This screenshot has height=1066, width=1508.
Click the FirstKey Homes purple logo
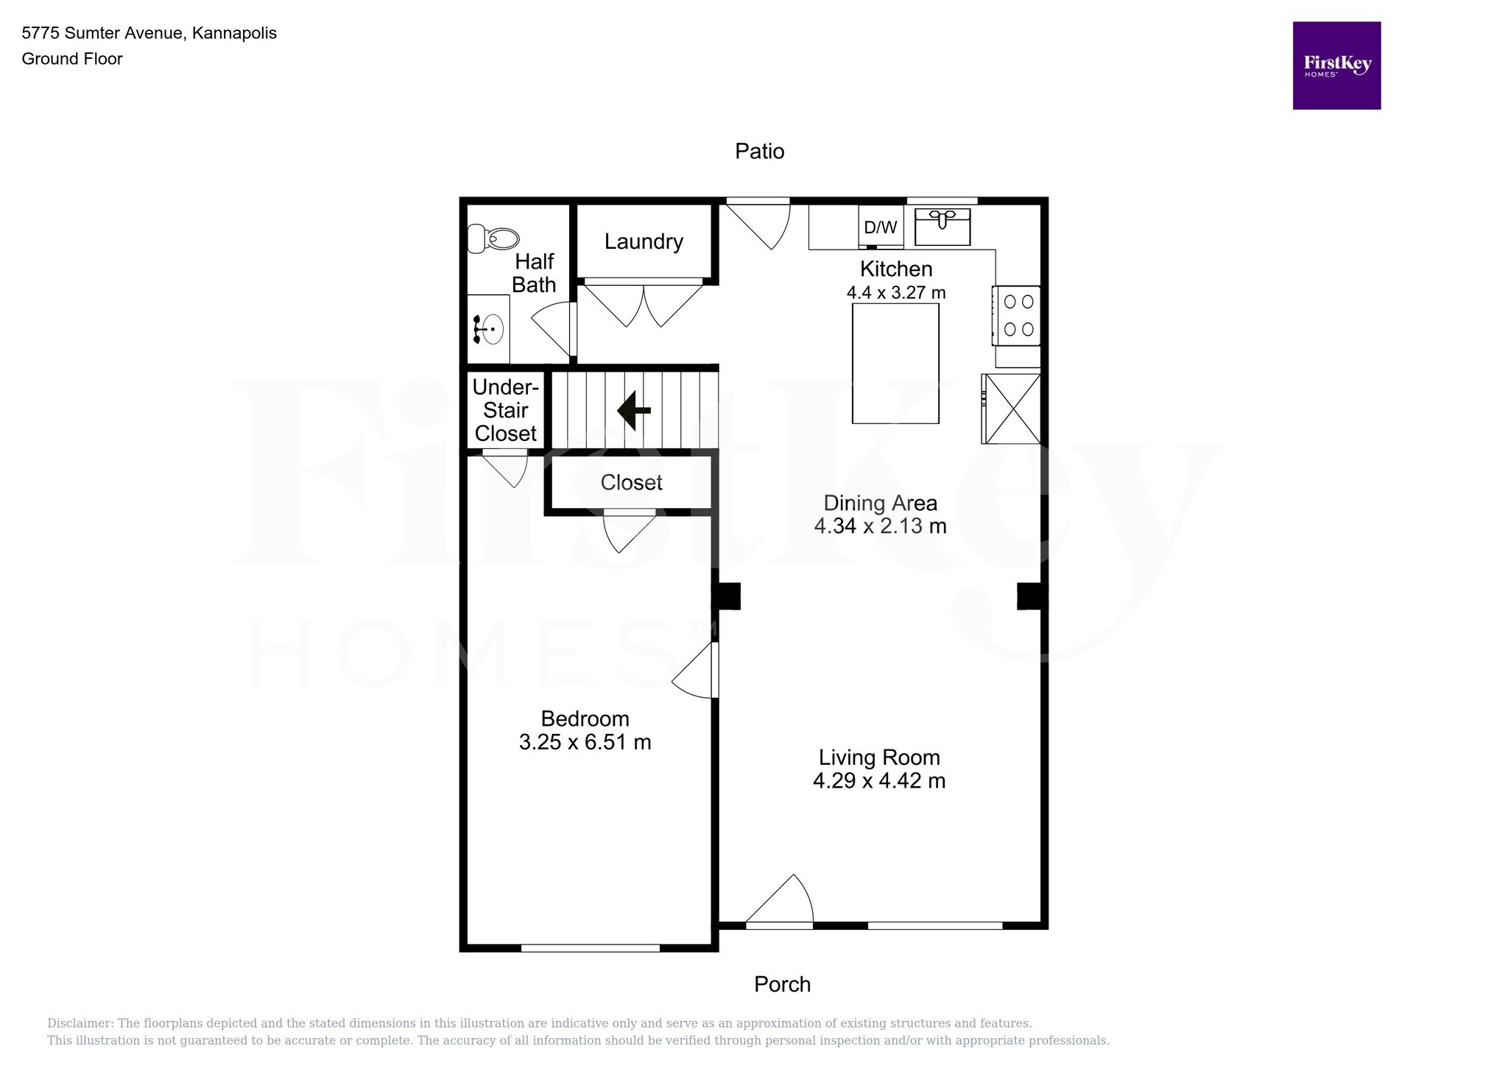1336,66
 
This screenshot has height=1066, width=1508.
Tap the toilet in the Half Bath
493,239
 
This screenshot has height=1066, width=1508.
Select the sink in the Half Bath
489,329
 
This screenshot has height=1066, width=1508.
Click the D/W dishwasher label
880,227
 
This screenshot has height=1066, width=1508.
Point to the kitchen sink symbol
942,226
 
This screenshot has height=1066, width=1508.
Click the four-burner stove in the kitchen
1018,315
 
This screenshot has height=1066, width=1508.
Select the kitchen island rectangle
895,363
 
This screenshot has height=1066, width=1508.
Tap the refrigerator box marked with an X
1012,409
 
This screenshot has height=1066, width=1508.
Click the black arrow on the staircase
633,411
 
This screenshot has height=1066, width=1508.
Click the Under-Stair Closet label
505,410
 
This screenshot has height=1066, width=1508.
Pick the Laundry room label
644,241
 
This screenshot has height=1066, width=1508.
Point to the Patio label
759,151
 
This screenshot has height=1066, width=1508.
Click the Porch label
781,984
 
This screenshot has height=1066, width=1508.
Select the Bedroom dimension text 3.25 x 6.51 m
585,742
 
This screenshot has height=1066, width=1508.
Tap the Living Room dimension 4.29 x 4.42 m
878,780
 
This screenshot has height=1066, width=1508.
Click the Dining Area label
880,503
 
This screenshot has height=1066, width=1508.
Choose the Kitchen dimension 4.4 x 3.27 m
895,292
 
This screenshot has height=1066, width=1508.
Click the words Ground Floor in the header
72,59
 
